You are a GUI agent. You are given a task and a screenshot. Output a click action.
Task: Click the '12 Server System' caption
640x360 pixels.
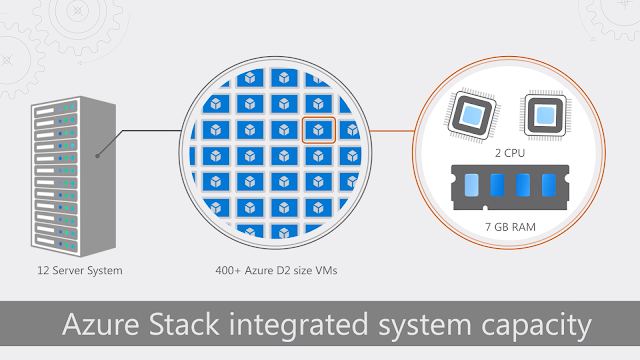click(67, 270)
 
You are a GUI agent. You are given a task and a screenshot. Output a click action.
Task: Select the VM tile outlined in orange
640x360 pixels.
click(318, 131)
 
